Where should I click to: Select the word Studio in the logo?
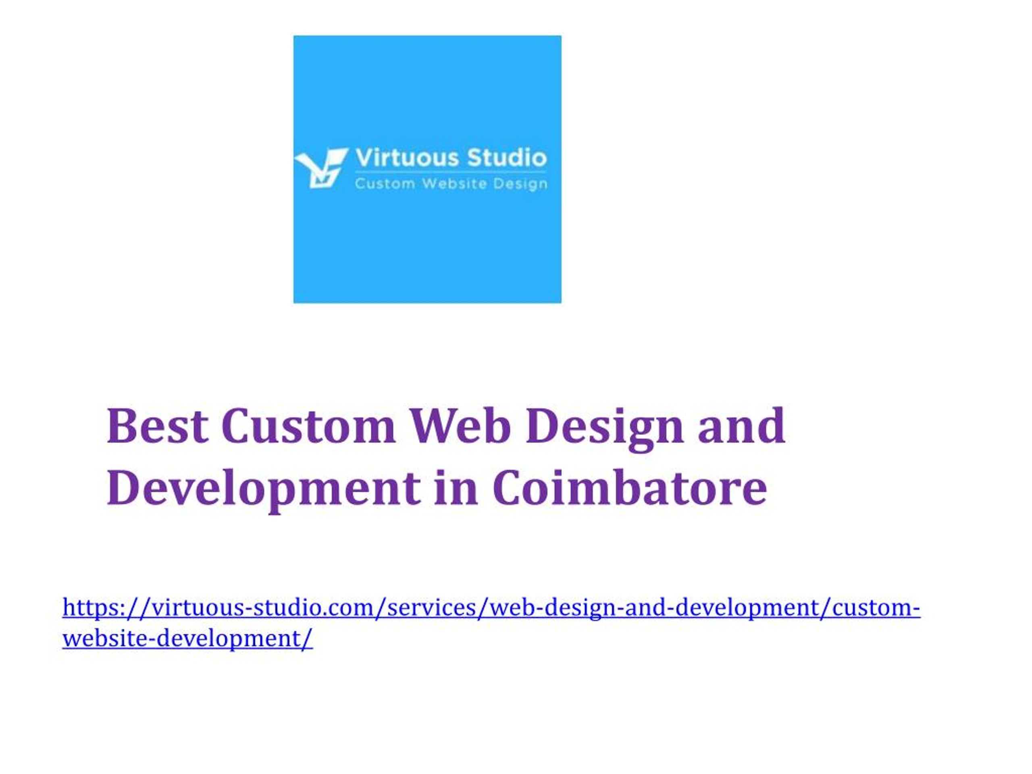pyautogui.click(x=507, y=158)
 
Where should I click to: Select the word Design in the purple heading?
pyautogui.click(x=605, y=429)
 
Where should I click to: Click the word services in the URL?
pyautogui.click(x=432, y=608)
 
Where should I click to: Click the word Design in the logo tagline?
pyautogui.click(x=521, y=184)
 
